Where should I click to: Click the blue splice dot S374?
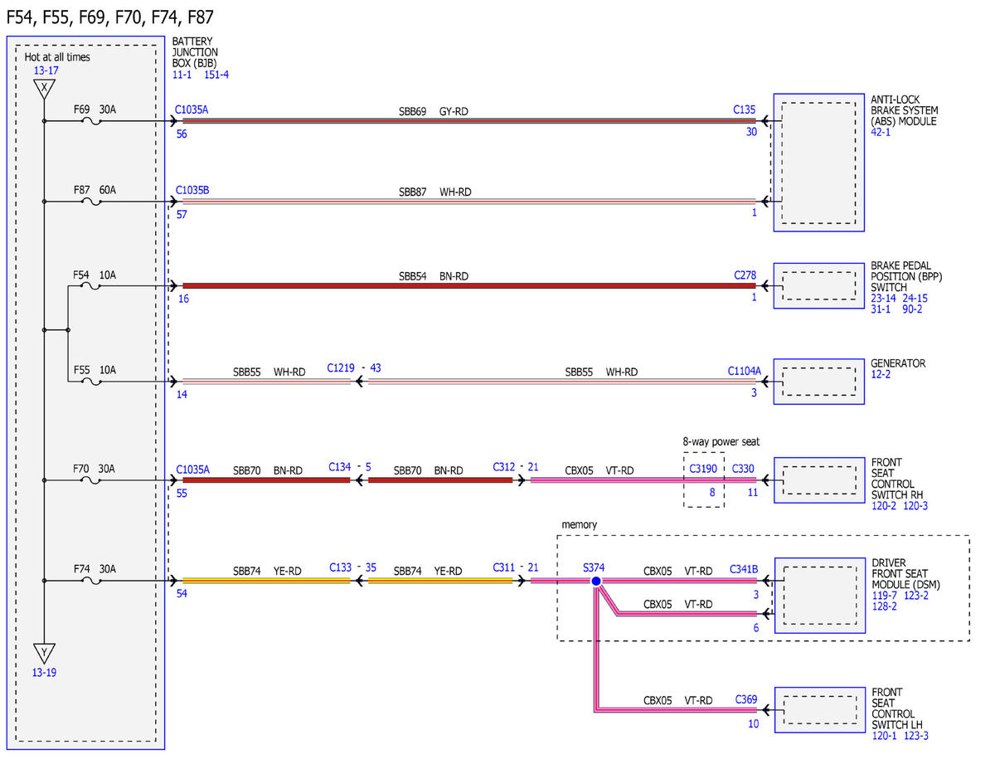[x=595, y=581]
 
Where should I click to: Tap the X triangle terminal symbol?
[x=44, y=89]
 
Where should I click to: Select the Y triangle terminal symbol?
[x=44, y=653]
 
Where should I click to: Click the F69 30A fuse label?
[x=95, y=110]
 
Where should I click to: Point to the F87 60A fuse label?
[x=95, y=190]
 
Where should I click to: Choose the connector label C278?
[x=745, y=275]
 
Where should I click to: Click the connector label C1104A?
[x=744, y=371]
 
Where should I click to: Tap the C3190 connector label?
[x=703, y=469]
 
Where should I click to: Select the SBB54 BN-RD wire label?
[x=433, y=276]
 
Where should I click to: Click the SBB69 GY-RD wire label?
[x=433, y=111]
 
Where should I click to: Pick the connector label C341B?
[x=744, y=569]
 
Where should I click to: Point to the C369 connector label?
[x=746, y=699]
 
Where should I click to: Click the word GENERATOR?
[x=897, y=363]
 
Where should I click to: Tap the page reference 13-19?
[x=44, y=673]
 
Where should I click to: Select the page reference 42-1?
[x=880, y=132]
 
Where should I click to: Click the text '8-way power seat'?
[x=721, y=441]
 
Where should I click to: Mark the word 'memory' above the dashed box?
[x=580, y=524]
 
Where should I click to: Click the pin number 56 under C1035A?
[x=182, y=134]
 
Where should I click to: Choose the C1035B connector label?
[x=192, y=190]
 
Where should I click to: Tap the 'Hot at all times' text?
[x=57, y=56]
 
